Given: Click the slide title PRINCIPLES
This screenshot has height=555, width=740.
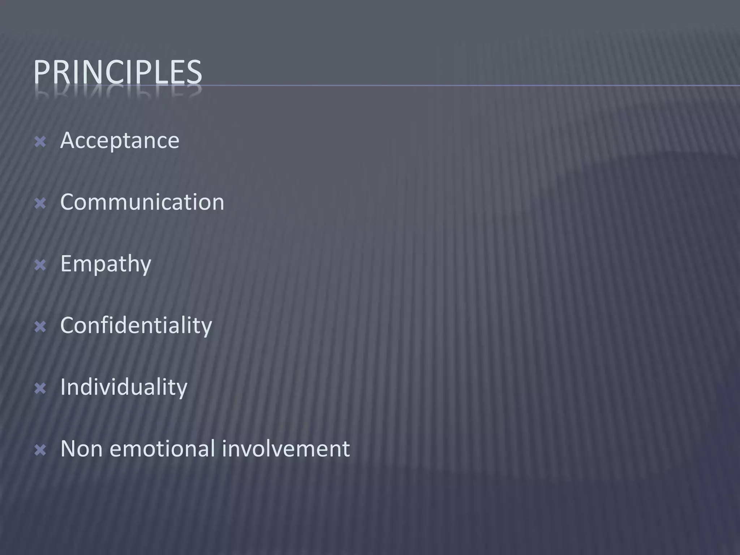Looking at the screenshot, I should tap(117, 72).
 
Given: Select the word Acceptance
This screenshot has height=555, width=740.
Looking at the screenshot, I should tap(120, 141).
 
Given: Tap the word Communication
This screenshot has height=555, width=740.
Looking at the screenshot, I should tap(142, 202).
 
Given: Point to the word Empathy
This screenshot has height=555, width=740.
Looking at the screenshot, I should tap(106, 264).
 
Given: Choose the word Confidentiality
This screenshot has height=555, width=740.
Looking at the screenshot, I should tap(136, 326).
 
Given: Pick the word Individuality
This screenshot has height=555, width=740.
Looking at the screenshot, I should tap(124, 387).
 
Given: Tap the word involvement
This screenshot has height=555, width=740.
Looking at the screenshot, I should tap(286, 449).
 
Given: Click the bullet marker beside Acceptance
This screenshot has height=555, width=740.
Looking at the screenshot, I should tap(40, 142).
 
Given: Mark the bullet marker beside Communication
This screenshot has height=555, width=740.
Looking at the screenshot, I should tap(40, 204).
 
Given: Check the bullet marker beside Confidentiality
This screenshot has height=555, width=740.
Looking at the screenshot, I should tap(40, 327).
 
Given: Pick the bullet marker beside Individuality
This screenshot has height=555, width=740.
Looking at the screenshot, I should tap(40, 389).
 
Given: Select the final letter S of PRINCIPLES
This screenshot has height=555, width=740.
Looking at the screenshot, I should tap(194, 72).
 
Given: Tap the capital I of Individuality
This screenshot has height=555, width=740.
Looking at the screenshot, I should tap(63, 387).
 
